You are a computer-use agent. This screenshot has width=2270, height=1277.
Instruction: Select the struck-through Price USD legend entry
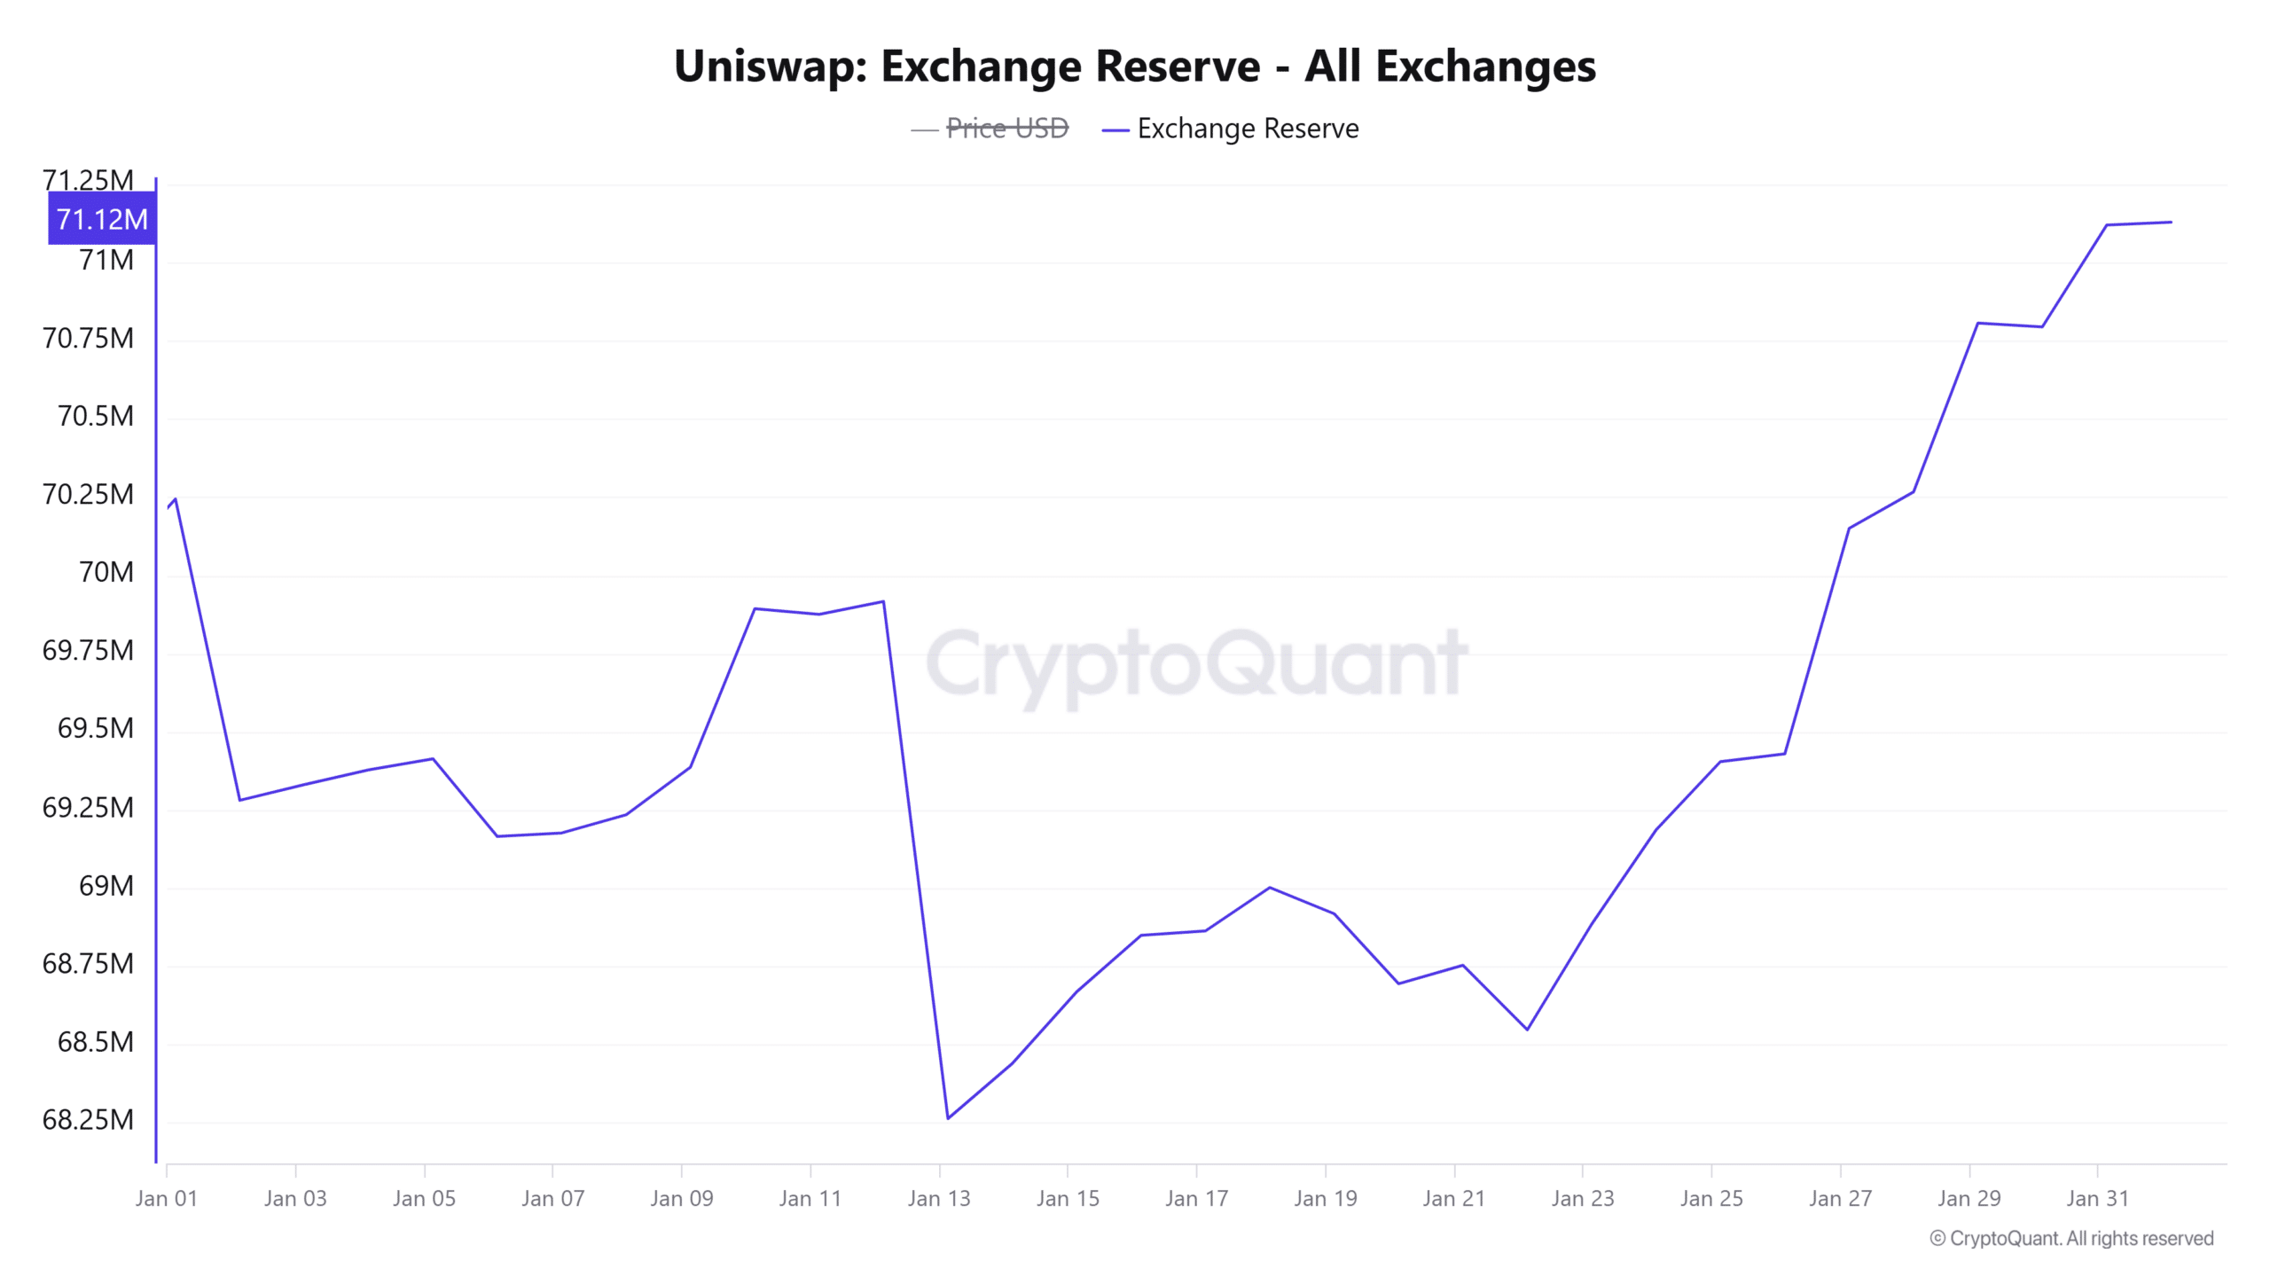[1006, 129]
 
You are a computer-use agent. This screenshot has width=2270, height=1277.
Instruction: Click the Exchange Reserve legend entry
[1247, 129]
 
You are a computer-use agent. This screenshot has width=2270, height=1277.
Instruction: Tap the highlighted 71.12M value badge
[102, 219]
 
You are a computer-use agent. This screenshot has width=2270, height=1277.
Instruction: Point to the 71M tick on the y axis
[106, 260]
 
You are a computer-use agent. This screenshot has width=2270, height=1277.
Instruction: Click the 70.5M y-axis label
[95, 416]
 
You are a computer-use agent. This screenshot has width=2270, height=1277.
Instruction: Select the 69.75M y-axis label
[88, 650]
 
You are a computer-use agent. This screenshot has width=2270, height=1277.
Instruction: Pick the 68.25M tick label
[88, 1119]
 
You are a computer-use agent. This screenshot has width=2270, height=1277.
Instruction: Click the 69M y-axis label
[106, 885]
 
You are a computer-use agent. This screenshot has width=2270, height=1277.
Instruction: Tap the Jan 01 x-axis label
[166, 1198]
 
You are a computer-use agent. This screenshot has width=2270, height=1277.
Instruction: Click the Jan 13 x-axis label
[939, 1198]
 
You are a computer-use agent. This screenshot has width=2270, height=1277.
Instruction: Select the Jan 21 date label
[1453, 1198]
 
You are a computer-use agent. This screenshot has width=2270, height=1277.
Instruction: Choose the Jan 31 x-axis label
[2097, 1198]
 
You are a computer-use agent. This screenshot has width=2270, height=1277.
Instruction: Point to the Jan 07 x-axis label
[552, 1198]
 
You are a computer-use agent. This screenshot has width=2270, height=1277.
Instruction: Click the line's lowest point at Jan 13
[948, 1118]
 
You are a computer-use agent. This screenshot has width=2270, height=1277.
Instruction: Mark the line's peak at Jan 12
[883, 602]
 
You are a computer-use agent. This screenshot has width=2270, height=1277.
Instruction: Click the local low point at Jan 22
[1527, 1030]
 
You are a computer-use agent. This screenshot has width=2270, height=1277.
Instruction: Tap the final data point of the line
[2171, 222]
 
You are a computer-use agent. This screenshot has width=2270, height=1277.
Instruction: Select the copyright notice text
[2071, 1238]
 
